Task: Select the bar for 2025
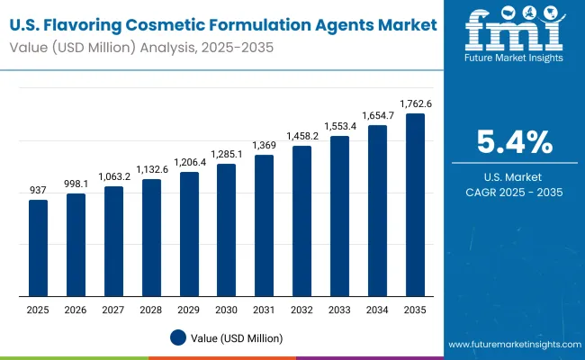(x=38, y=247)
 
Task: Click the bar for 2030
(x=226, y=229)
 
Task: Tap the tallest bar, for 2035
(x=414, y=204)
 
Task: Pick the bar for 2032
(x=301, y=220)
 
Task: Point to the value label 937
(x=38, y=190)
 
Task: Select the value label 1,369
(x=264, y=146)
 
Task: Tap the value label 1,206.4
(x=188, y=163)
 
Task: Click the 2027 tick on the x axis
(x=113, y=309)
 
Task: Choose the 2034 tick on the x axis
(x=377, y=309)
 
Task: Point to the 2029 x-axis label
(x=188, y=309)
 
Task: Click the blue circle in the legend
(x=178, y=337)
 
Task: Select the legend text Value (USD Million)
(x=236, y=337)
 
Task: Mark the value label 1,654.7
(x=377, y=115)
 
